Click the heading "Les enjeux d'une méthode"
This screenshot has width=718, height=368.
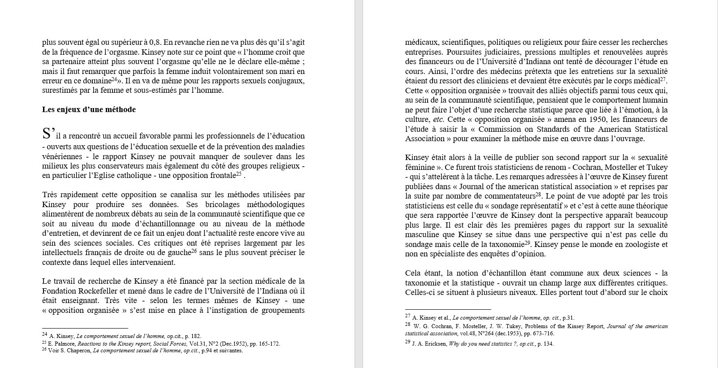click(x=89, y=109)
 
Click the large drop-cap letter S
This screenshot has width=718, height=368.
click(x=47, y=134)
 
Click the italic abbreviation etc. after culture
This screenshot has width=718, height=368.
click(x=438, y=119)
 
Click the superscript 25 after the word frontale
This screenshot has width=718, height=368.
click(x=238, y=174)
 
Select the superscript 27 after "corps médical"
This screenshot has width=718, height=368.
click(x=664, y=79)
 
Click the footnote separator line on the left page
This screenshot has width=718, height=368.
click(x=85, y=328)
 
